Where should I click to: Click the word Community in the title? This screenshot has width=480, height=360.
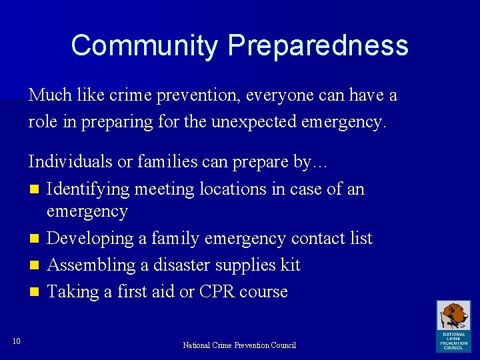point(144,46)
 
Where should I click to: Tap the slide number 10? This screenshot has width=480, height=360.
point(17,342)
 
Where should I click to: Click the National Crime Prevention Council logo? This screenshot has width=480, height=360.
point(453,325)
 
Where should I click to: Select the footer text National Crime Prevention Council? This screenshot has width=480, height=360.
point(239,345)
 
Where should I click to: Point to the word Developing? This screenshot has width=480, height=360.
point(91,239)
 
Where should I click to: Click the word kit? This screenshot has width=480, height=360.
point(290,265)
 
